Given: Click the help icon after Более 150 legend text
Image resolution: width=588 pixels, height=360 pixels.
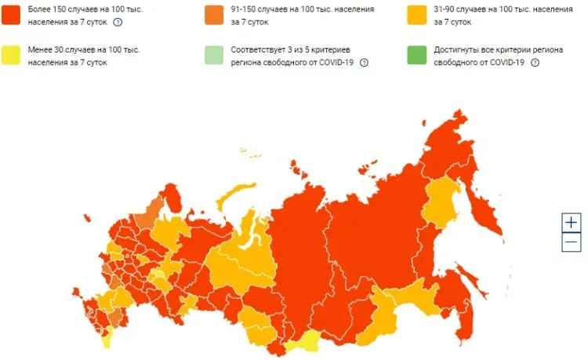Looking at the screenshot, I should tap(118, 22).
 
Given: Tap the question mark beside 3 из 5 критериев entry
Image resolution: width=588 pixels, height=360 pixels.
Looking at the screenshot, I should tap(364, 63).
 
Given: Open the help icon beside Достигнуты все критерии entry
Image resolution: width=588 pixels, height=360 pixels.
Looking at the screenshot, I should tap(535, 63).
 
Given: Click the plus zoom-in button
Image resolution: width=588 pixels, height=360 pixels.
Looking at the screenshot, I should tap(572, 222).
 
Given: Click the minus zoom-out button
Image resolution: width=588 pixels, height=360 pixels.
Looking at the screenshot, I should tap(572, 242).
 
